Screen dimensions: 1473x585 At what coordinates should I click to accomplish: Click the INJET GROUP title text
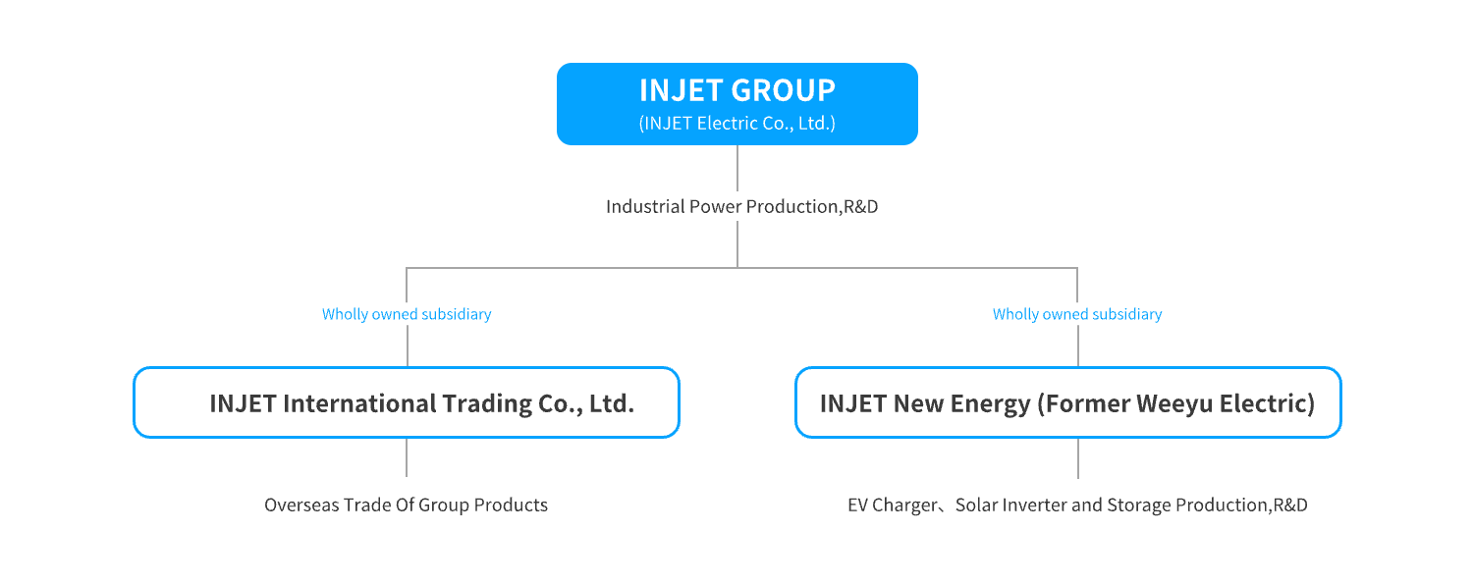pos(737,90)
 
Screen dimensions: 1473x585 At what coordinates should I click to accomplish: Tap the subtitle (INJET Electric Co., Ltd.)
pos(737,123)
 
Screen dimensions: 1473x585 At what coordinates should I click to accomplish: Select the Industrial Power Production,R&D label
pos(741,206)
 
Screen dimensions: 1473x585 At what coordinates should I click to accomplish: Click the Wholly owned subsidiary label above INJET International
pos(407,314)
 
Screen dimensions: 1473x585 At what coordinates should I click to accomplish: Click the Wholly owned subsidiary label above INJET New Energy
pos(1077,314)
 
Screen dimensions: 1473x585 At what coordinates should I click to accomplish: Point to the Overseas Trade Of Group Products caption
pos(406,505)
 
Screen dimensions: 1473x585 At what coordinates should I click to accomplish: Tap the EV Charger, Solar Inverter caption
pos(1077,505)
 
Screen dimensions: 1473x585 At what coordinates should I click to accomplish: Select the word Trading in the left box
pos(486,403)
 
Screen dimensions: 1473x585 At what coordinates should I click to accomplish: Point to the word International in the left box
pos(359,403)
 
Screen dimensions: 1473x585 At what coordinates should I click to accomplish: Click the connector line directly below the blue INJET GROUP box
pos(737,168)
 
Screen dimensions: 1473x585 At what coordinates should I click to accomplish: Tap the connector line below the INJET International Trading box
pos(407,457)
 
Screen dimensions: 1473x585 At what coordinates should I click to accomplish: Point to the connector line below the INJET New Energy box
pos(1078,458)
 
